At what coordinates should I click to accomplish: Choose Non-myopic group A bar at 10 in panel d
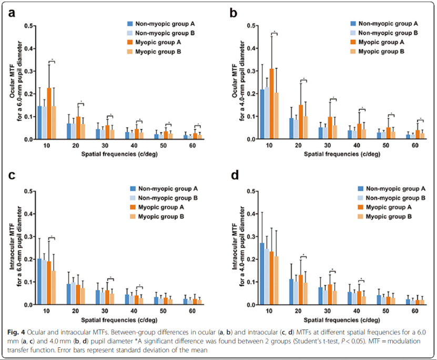click(262, 274)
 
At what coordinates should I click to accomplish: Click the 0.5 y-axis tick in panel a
click(31, 26)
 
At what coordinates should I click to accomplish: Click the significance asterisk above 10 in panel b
click(274, 33)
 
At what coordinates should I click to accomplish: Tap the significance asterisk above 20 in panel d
click(304, 255)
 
